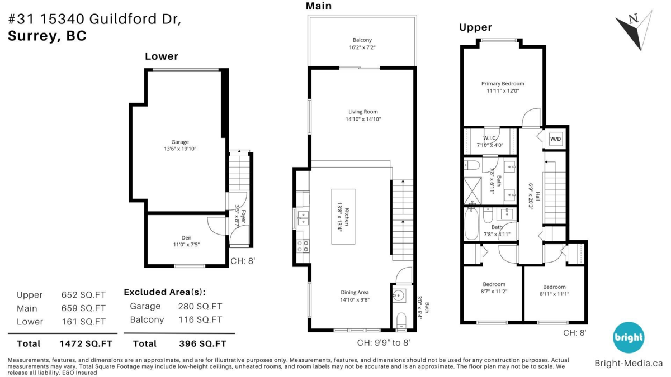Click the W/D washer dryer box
pyautogui.click(x=555, y=139)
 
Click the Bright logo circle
pyautogui.click(x=628, y=337)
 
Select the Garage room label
pyautogui.click(x=180, y=142)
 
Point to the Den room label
pyautogui.click(x=186, y=238)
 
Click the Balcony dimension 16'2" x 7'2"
pyautogui.click(x=362, y=47)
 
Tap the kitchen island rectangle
pyautogui.click(x=343, y=217)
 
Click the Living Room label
pyautogui.click(x=363, y=112)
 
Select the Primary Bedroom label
pyautogui.click(x=503, y=83)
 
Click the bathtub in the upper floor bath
pyautogui.click(x=471, y=223)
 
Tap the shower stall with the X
pyautogui.click(x=472, y=191)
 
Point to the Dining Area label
pyautogui.click(x=355, y=292)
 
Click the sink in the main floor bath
pyautogui.click(x=399, y=296)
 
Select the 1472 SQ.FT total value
pyautogui.click(x=86, y=344)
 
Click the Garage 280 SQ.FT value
pyautogui.click(x=200, y=307)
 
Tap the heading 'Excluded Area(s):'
pyautogui.click(x=165, y=292)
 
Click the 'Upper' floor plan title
pyautogui.click(x=475, y=27)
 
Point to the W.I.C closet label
pyautogui.click(x=489, y=138)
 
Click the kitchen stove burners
pyautogui.click(x=303, y=246)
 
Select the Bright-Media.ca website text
pyautogui.click(x=629, y=363)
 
